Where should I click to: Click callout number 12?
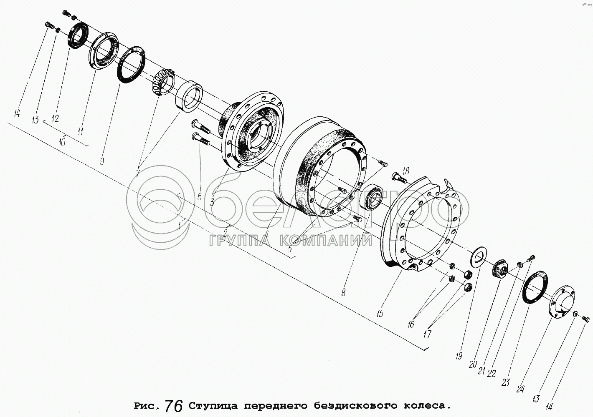55,119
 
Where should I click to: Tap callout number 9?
102,161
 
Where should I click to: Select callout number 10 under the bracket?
62,142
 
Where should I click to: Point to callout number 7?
138,173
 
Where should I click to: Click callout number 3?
212,203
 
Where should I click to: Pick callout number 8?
343,292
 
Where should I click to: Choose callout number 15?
380,314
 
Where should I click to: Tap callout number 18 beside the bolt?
406,171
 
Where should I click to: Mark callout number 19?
459,356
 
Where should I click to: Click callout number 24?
520,389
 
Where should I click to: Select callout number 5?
290,249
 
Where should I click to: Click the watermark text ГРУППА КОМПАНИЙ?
290,241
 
